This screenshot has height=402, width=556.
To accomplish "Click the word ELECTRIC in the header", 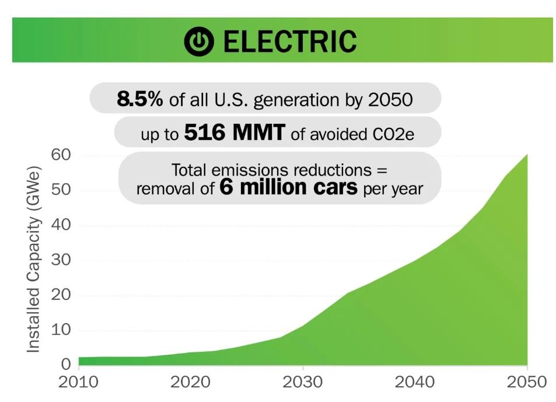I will coord(289,41).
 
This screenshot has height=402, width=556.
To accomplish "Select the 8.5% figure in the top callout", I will coord(140,99).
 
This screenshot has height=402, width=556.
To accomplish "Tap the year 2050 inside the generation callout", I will coord(390,100).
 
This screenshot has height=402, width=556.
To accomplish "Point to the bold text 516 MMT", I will coord(234,134).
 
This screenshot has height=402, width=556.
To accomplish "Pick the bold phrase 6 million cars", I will coord(288,188).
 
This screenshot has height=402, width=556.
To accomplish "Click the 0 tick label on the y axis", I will coord(66,365).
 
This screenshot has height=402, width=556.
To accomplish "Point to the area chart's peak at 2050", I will coord(527,155).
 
